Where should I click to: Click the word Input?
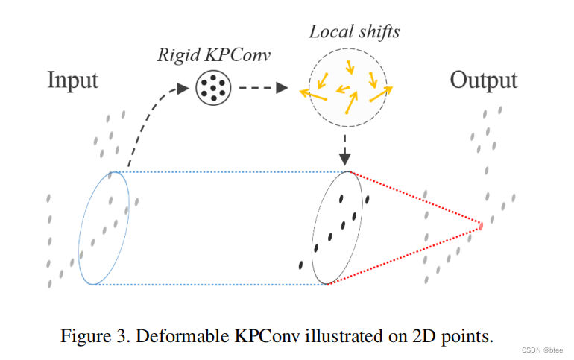[72, 80]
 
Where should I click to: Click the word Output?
[483, 80]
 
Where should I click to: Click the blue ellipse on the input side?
[104, 227]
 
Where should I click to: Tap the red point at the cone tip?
[482, 225]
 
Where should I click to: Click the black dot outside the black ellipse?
[300, 264]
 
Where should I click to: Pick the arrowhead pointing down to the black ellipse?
[344, 159]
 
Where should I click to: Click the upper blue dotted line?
[231, 171]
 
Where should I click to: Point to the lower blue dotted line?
[212, 284]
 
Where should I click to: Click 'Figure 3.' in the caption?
[87, 336]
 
